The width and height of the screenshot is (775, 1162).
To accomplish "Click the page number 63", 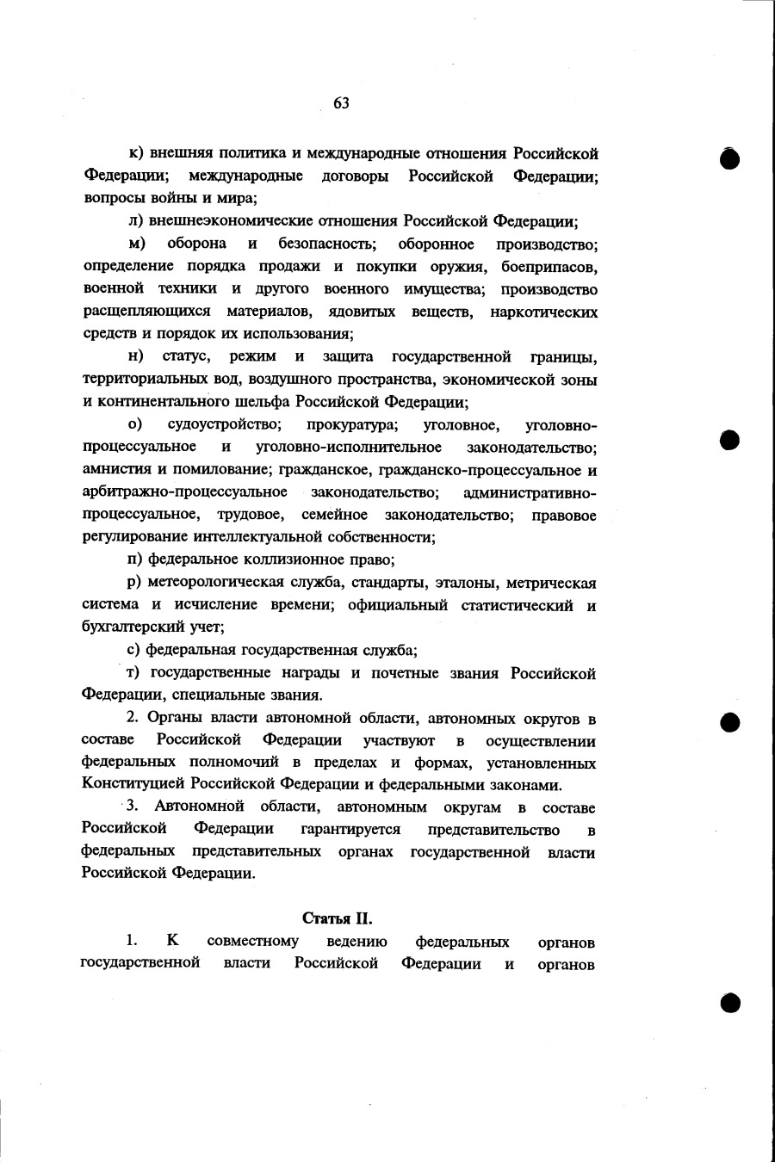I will (341, 103).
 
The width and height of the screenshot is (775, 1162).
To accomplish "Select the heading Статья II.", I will (337, 918).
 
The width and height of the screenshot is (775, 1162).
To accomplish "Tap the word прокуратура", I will (352, 425).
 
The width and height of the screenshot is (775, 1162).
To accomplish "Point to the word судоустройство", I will (225, 425).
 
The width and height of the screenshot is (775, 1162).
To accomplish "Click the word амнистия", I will (113, 470).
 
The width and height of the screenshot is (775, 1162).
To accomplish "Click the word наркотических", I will (543, 312).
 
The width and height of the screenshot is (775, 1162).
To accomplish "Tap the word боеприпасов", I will (549, 266).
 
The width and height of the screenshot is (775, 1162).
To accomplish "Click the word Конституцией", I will (133, 784).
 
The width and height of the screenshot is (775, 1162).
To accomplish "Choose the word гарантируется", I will (350, 830).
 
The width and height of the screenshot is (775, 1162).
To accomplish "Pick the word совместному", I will (253, 942).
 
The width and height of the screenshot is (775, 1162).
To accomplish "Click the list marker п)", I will (133, 559).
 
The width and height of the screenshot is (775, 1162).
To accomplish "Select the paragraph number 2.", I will (132, 718).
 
